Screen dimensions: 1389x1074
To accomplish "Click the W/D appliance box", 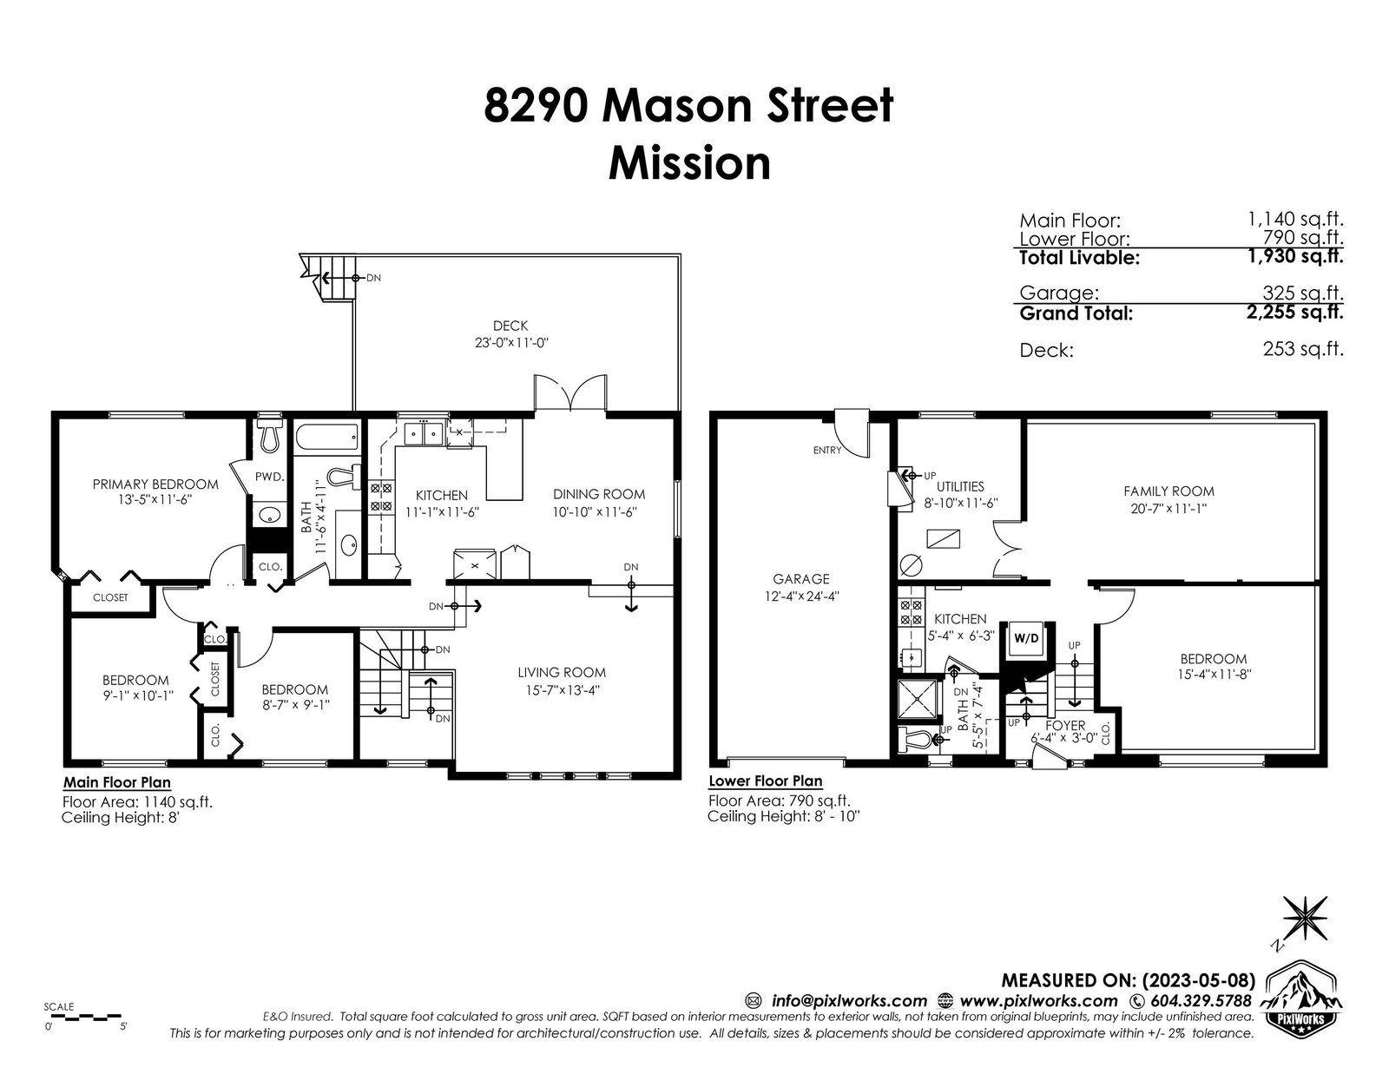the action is pyautogui.click(x=1027, y=639).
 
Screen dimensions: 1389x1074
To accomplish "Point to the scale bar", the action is pyautogui.click(x=82, y=1016).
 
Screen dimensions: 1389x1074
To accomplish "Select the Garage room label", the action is pyautogui.click(x=801, y=579).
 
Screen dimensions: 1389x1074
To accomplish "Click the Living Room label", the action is pyautogui.click(x=562, y=673).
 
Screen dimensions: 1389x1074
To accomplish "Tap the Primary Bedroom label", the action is pyautogui.click(x=155, y=484).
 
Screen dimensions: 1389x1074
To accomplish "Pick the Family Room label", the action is pyautogui.click(x=1169, y=491).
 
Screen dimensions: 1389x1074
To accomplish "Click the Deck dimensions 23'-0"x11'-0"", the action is pyautogui.click(x=511, y=343).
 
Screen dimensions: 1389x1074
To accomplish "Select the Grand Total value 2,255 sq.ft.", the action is pyautogui.click(x=1295, y=313).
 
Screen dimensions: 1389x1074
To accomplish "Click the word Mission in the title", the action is pyautogui.click(x=689, y=163).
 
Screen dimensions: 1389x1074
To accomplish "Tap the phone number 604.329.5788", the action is pyautogui.click(x=1201, y=1001).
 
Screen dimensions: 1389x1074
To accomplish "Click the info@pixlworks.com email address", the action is pyautogui.click(x=849, y=1001).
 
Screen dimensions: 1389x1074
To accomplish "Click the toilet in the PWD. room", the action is pyautogui.click(x=269, y=436).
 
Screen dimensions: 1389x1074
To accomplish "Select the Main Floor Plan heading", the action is pyautogui.click(x=117, y=782).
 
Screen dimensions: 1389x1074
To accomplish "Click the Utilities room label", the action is pyautogui.click(x=960, y=486).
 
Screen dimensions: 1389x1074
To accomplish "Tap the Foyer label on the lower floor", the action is pyautogui.click(x=1065, y=726).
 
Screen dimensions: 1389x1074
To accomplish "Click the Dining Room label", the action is pyautogui.click(x=599, y=494).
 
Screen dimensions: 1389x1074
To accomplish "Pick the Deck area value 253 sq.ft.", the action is pyautogui.click(x=1303, y=349).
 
